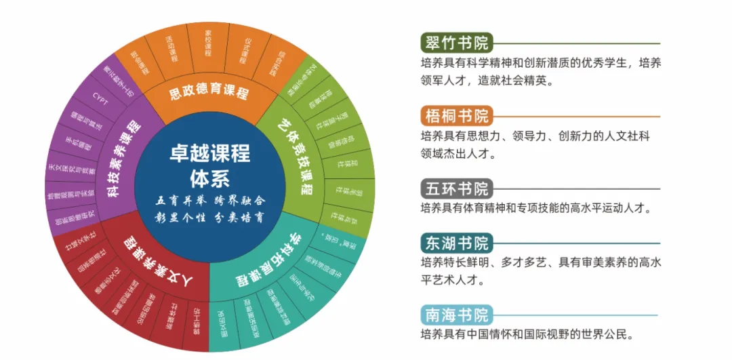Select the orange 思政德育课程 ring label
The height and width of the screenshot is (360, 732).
point(208,93)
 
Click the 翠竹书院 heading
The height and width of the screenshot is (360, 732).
point(455,43)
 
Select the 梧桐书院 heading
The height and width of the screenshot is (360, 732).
point(455,115)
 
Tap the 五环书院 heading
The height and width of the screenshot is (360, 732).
point(455,188)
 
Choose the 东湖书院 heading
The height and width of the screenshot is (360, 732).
point(455,243)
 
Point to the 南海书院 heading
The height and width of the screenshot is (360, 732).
point(455,315)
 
